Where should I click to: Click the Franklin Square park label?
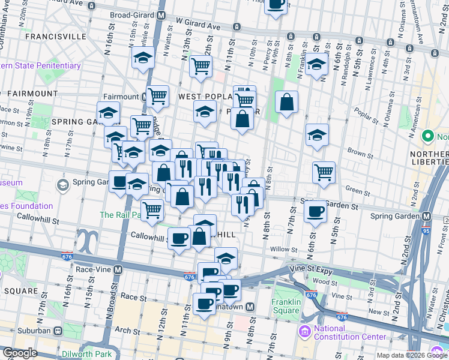coord(285,306)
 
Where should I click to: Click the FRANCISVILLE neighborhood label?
coord(55,36)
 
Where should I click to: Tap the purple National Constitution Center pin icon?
coord(304,331)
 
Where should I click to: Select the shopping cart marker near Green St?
coord(324,172)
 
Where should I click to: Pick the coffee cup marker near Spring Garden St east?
coord(315,211)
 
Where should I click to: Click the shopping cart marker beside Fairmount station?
coord(158,95)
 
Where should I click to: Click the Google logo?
coord(20,353)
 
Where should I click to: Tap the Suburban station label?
coord(32,331)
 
